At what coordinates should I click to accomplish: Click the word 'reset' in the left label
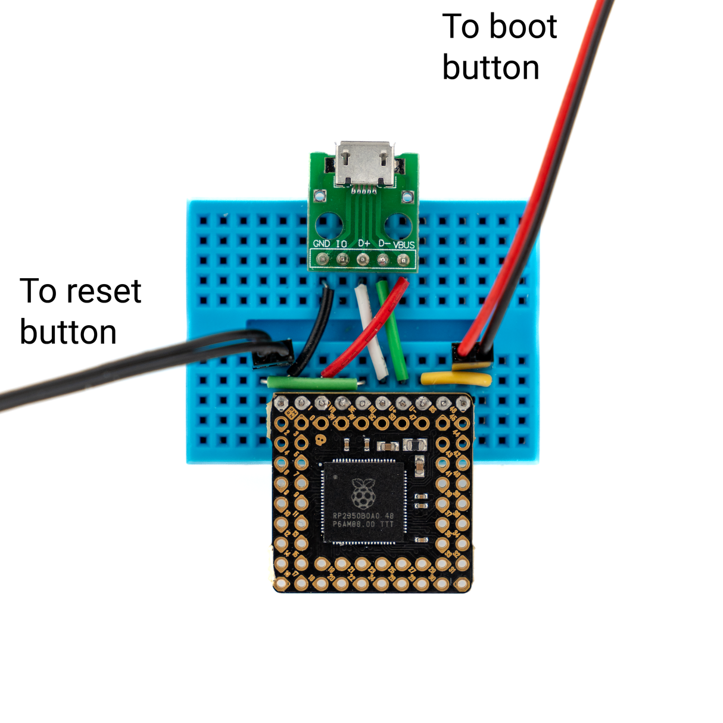click(104, 291)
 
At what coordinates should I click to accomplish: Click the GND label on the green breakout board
click(322, 244)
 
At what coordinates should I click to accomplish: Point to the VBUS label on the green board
click(404, 245)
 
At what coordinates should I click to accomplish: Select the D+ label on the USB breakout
click(364, 244)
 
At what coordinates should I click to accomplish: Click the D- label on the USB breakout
click(384, 244)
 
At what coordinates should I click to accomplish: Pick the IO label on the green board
click(341, 244)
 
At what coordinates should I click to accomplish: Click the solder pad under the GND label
click(322, 260)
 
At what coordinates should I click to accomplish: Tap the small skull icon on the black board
click(320, 442)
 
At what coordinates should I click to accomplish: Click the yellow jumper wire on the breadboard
click(456, 378)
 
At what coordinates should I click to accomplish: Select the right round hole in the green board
click(397, 227)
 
